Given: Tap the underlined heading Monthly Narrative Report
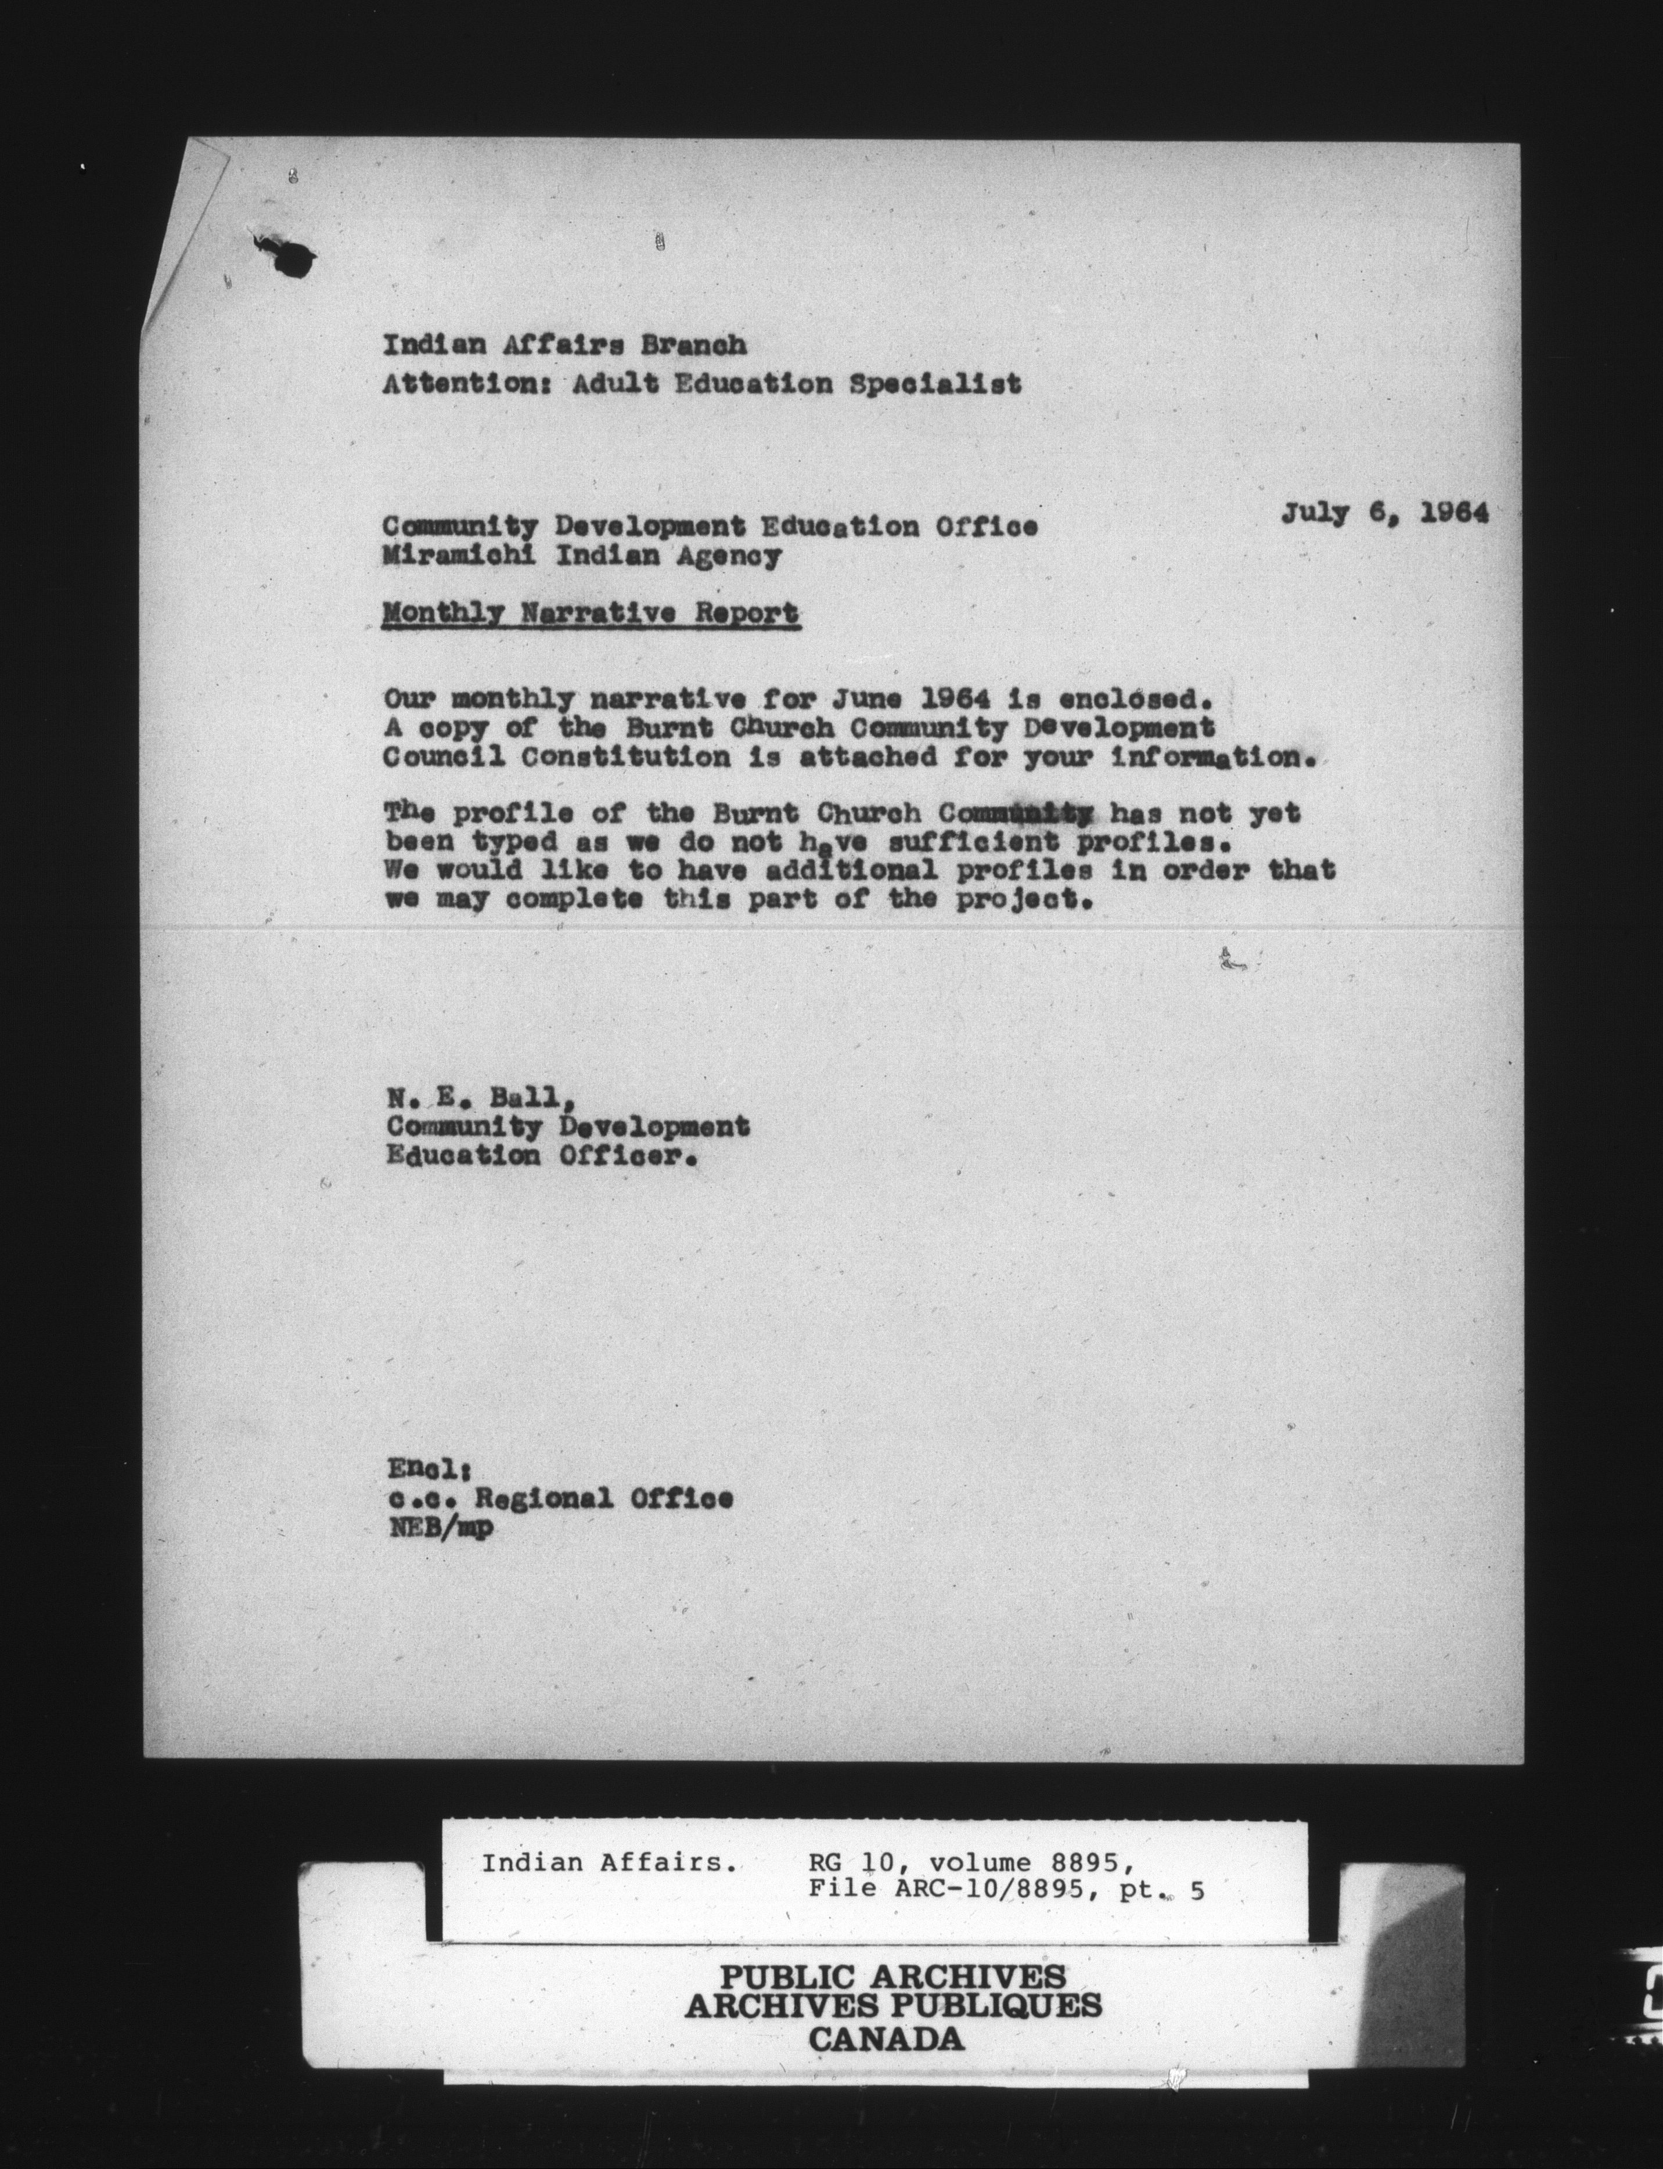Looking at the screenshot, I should point(590,614).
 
